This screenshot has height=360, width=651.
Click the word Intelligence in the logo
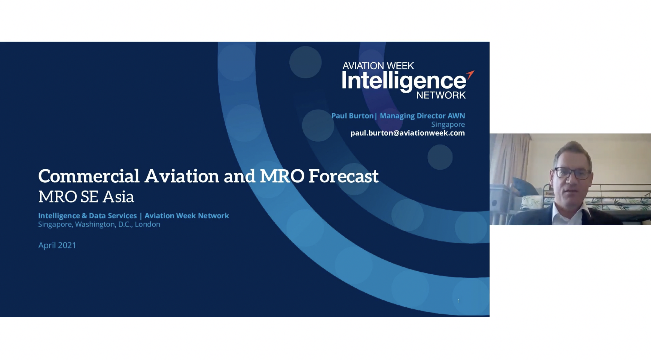click(404, 81)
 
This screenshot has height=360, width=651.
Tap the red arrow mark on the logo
click(470, 75)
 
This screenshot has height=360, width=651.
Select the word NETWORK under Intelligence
click(441, 95)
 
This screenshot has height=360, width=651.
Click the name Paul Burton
click(352, 116)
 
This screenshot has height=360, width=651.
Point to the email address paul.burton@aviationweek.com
click(407, 133)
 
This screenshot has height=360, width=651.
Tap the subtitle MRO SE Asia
click(86, 197)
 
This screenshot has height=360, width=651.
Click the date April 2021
click(57, 246)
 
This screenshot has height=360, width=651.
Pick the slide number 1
click(459, 301)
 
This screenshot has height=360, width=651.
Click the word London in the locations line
click(147, 224)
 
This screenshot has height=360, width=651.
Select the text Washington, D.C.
click(103, 224)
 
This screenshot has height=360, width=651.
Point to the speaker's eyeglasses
click(572, 173)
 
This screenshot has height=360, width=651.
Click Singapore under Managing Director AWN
click(448, 125)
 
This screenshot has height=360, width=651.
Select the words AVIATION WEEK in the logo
click(378, 66)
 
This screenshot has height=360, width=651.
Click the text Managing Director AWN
click(422, 116)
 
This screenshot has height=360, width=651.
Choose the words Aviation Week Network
click(187, 216)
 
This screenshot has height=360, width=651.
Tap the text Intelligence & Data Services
click(87, 216)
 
